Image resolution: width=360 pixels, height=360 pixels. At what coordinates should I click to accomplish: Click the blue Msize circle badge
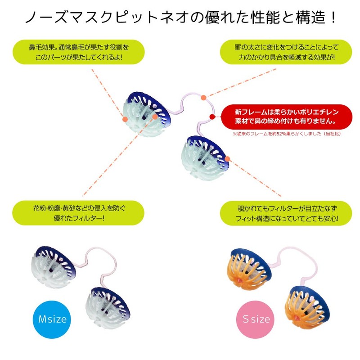click(x=52, y=319)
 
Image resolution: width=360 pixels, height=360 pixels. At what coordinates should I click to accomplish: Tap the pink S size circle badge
click(x=256, y=319)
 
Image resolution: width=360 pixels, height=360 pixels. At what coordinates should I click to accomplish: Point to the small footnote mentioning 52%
click(x=286, y=134)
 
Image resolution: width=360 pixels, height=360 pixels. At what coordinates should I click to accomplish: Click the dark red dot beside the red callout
click(x=212, y=117)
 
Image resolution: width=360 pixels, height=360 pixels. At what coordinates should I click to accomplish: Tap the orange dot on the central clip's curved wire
click(x=203, y=97)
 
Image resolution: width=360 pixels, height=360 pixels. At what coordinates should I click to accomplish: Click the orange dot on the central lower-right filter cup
click(x=228, y=158)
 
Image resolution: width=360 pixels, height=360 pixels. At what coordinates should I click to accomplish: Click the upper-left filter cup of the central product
click(x=146, y=113)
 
